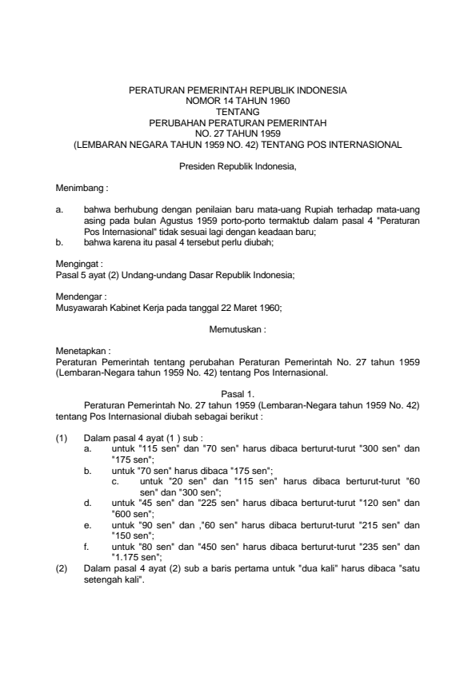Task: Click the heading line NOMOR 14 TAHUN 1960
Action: tap(238, 102)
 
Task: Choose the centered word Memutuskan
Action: tap(238, 329)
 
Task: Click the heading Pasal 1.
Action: tap(238, 384)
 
